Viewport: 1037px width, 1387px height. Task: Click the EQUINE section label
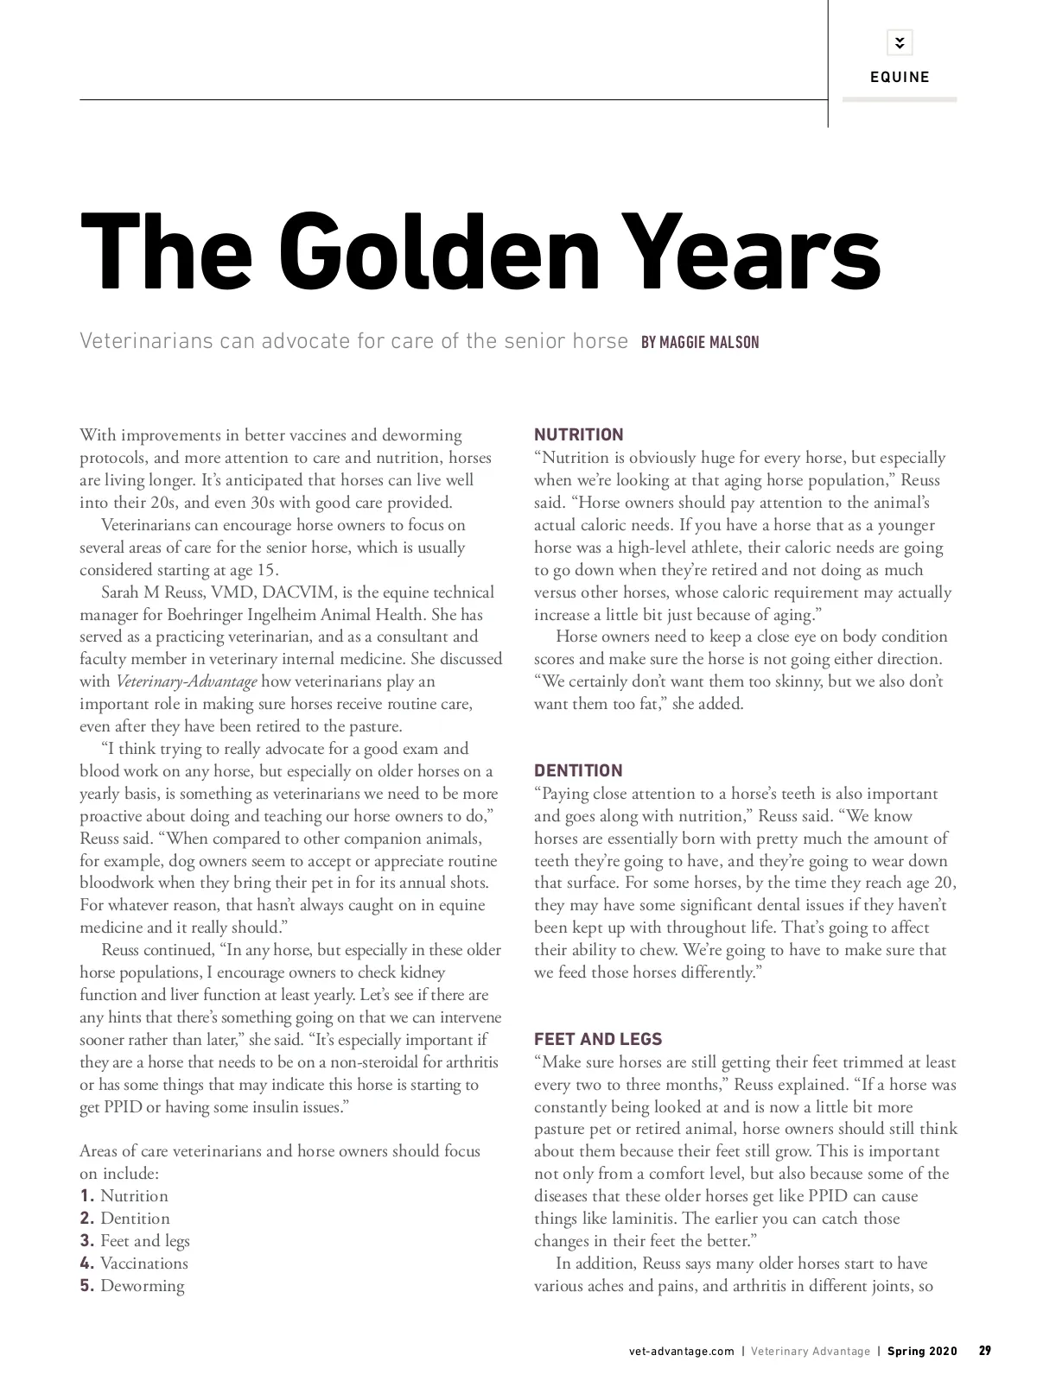pos(900,78)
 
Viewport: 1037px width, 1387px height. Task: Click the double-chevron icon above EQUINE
pos(900,42)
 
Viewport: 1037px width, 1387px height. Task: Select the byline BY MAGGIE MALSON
pos(700,343)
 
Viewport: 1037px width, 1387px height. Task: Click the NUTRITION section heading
pos(578,434)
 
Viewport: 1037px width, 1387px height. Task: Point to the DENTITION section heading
pos(578,770)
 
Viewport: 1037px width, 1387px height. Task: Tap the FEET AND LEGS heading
pos(598,1039)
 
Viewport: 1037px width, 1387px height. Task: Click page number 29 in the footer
pos(984,1351)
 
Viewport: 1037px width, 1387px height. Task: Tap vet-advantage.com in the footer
pos(682,1352)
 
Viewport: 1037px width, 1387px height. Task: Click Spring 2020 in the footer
pos(922,1352)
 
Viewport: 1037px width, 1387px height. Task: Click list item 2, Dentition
pos(135,1219)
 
